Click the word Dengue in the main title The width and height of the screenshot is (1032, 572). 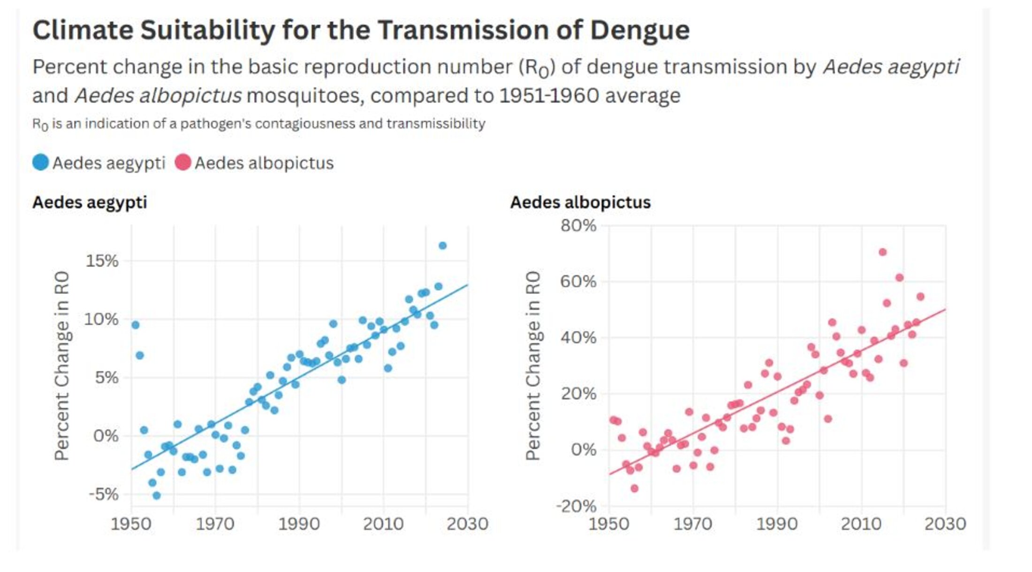(639, 31)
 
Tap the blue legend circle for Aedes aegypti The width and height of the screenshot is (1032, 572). (40, 162)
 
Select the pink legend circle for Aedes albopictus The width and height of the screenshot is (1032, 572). (182, 162)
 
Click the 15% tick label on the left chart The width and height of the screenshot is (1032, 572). (102, 261)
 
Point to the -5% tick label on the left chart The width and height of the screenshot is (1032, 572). (103, 494)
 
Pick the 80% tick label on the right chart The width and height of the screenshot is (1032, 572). (578, 225)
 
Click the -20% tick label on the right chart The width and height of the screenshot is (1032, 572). (576, 506)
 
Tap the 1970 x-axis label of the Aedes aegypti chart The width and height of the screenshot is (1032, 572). (215, 524)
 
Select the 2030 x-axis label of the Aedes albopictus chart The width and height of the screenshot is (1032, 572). (945, 524)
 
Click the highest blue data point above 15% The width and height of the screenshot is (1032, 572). (442, 246)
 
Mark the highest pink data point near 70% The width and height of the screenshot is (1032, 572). (882, 252)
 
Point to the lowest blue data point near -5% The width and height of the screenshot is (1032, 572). (157, 495)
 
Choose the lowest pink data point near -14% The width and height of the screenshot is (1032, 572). (634, 488)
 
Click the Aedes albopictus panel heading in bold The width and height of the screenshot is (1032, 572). (580, 202)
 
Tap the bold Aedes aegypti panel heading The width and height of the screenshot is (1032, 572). (90, 202)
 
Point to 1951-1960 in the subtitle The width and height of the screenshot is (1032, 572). (549, 96)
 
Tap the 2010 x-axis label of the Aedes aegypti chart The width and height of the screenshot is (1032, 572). (383, 524)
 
